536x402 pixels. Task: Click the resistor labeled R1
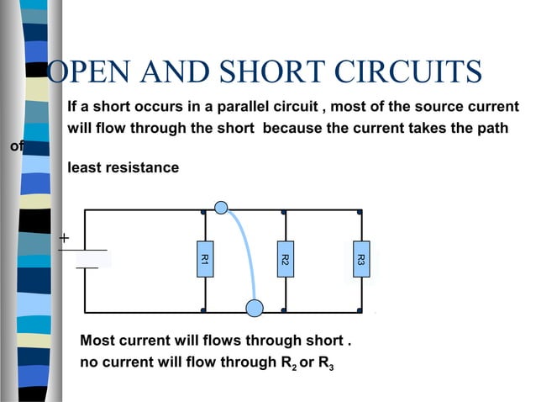[x=204, y=260]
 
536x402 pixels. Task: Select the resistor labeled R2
[x=285, y=260]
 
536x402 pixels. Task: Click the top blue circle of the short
[x=221, y=208]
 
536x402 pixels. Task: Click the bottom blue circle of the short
[x=255, y=308]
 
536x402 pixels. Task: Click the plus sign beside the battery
[x=64, y=238]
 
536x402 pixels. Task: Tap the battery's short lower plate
[x=87, y=268]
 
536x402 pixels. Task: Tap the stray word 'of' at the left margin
[x=16, y=147]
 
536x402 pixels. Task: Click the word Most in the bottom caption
[x=97, y=341]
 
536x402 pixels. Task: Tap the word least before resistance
[x=84, y=167]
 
